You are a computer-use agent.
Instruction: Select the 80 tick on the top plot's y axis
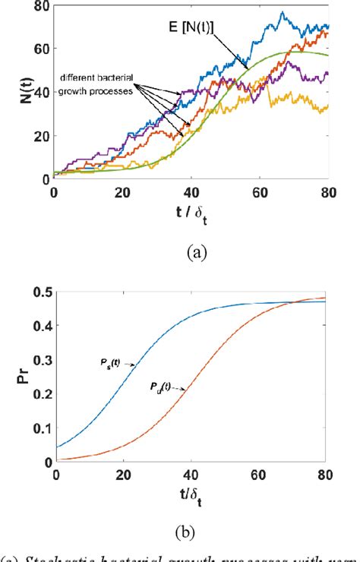(x=39, y=7)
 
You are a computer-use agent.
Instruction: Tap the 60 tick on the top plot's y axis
(x=39, y=49)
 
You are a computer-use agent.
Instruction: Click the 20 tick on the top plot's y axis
(x=39, y=136)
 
